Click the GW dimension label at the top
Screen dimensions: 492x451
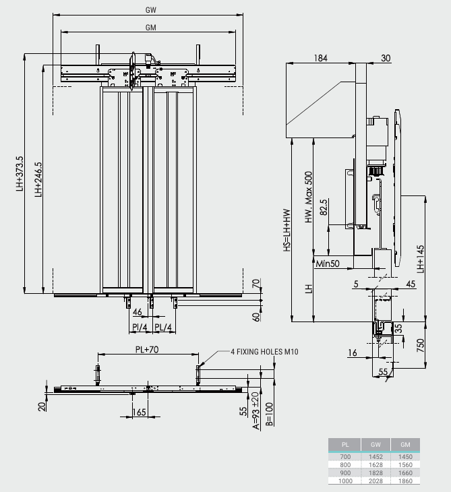[151, 10]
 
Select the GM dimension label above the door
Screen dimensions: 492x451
[151, 27]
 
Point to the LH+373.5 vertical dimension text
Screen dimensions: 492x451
[20, 175]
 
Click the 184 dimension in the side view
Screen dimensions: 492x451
[320, 59]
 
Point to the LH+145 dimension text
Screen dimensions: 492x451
[421, 256]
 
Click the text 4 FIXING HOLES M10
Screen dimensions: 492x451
[264, 351]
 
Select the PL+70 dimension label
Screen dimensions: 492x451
[146, 350]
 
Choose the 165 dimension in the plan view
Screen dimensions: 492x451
[140, 412]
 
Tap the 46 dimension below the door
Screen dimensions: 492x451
[138, 313]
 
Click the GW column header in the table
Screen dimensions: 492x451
[376, 445]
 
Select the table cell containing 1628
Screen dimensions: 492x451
[376, 464]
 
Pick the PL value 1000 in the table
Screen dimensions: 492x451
[345, 480]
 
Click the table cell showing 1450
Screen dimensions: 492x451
[405, 456]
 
